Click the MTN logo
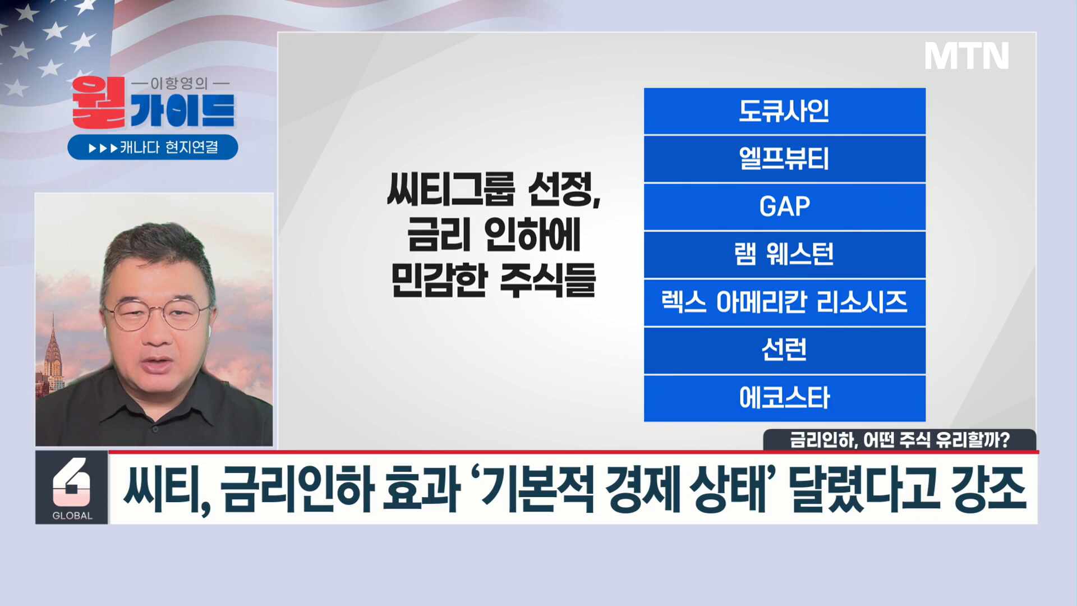966,56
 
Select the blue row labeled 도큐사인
784,111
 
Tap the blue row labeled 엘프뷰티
784,159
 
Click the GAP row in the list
784,206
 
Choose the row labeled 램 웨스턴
784,254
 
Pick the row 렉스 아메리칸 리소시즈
784,302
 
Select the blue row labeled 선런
784,350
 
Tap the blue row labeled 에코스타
784,398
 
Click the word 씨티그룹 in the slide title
450,190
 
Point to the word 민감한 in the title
439,281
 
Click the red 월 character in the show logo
98,102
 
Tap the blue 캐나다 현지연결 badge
153,147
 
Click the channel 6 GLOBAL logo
72,488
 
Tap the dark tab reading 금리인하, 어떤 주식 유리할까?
899,439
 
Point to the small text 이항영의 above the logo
179,84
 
